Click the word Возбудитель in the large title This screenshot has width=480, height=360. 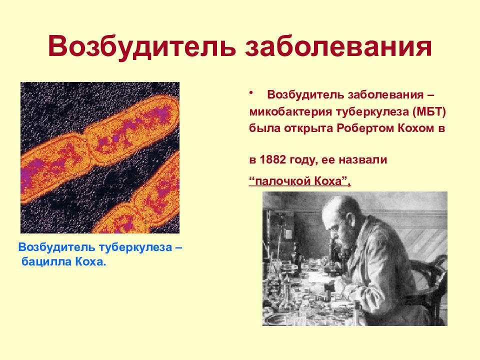click(x=141, y=47)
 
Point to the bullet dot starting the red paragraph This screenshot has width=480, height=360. click(x=251, y=92)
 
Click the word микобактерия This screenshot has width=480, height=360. click(x=290, y=111)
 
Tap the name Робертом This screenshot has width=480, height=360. click(x=365, y=128)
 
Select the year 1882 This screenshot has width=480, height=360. click(x=273, y=159)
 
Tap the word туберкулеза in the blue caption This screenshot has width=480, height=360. click(x=135, y=247)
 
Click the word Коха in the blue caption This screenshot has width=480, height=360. click(x=90, y=262)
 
